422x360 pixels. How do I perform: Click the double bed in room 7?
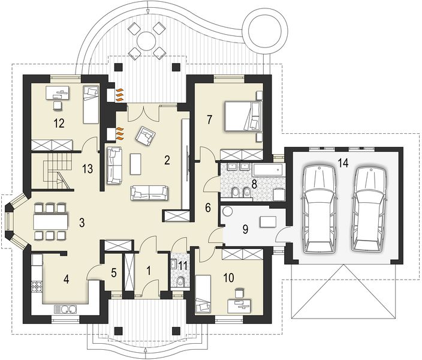click(242, 115)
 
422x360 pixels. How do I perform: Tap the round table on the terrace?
click(145, 40)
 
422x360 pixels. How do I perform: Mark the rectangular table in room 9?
click(267, 222)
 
